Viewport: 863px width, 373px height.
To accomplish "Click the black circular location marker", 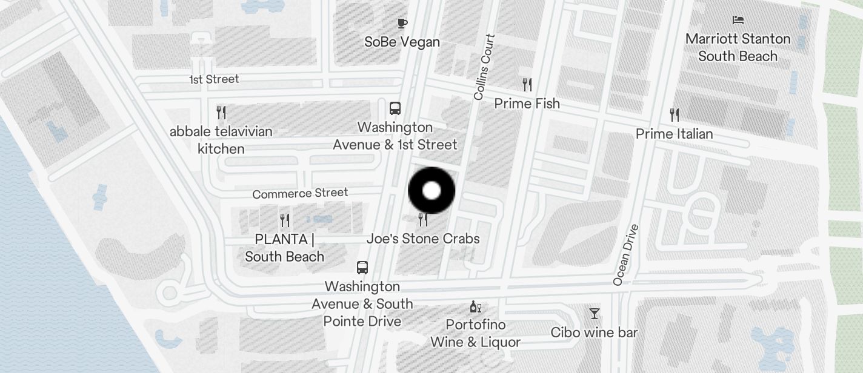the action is pyautogui.click(x=431, y=191).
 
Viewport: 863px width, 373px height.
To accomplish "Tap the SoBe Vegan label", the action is pyautogui.click(x=402, y=42).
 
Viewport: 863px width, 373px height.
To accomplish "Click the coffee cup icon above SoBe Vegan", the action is pyautogui.click(x=402, y=24).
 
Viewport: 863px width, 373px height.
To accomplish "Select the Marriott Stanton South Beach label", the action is pyautogui.click(x=738, y=47).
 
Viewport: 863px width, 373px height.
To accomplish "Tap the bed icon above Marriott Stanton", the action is pyautogui.click(x=738, y=20).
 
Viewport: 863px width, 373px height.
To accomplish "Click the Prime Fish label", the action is pyautogui.click(x=527, y=104).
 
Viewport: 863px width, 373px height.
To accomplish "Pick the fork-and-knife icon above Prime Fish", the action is pyautogui.click(x=527, y=84).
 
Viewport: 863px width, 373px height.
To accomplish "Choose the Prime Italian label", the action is pyautogui.click(x=674, y=133).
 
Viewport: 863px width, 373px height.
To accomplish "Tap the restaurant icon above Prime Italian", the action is pyautogui.click(x=674, y=114).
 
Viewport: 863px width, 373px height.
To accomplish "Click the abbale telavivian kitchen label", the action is pyautogui.click(x=221, y=140).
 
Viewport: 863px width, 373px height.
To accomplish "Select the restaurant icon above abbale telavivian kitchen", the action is pyautogui.click(x=221, y=112).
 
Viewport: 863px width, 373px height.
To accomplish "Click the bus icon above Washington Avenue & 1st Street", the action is pyautogui.click(x=395, y=108).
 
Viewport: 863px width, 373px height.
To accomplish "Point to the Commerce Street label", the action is pyautogui.click(x=300, y=193).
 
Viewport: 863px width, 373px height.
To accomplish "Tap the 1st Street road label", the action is pyautogui.click(x=214, y=79).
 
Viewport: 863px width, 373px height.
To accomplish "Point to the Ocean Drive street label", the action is pyautogui.click(x=626, y=254).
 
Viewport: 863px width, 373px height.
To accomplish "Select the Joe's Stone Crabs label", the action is pyautogui.click(x=423, y=239).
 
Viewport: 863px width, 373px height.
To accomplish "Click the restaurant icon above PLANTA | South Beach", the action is pyautogui.click(x=285, y=220).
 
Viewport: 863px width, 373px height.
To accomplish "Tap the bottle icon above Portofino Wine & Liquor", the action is pyautogui.click(x=476, y=307).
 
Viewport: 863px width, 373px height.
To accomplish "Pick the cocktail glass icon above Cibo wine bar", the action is pyautogui.click(x=595, y=313).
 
